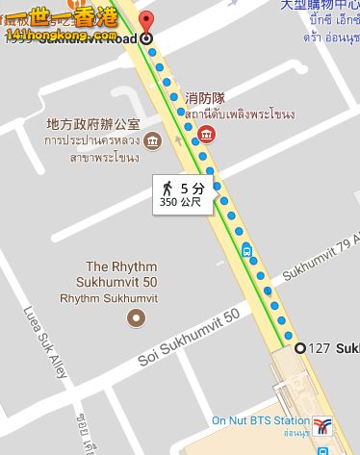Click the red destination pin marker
145,22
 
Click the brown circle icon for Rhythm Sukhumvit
137,316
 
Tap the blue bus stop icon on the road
247,252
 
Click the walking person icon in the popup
167,189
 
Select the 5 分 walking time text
193,189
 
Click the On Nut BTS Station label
260,421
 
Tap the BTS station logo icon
324,424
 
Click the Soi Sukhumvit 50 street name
189,338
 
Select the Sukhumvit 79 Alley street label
322,252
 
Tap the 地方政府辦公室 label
93,125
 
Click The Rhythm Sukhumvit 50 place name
122,274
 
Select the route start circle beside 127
299,347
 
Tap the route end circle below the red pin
145,38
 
